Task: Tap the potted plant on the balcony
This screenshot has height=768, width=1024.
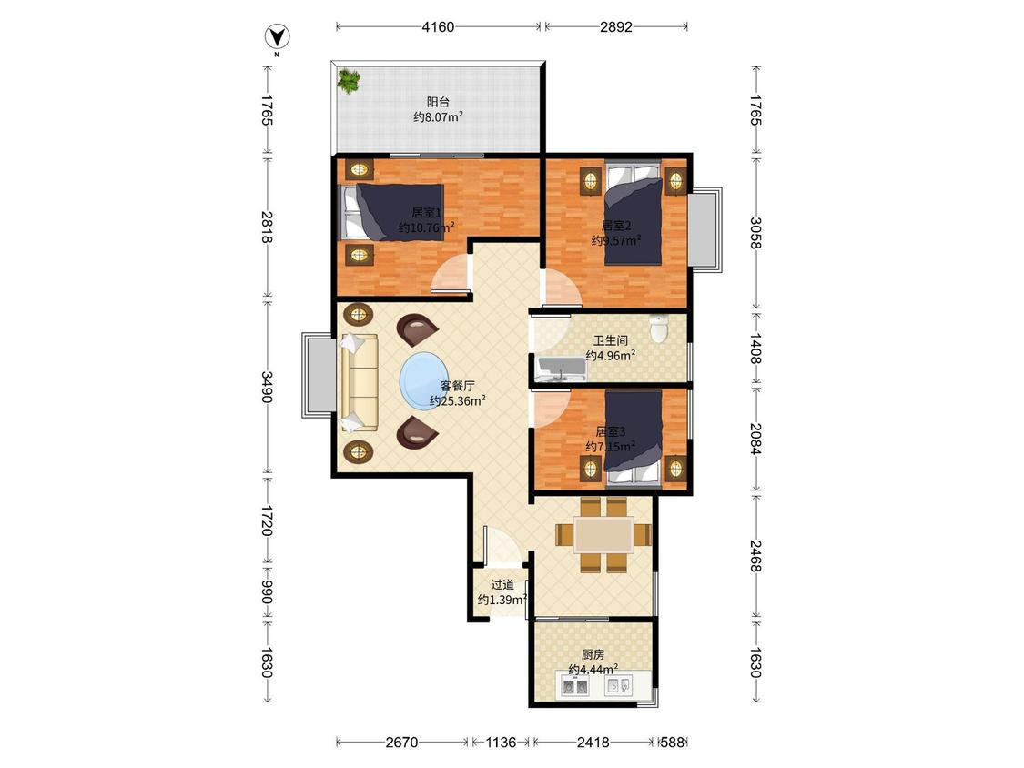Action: pyautogui.click(x=349, y=81)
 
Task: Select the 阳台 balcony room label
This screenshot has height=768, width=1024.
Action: pyautogui.click(x=438, y=102)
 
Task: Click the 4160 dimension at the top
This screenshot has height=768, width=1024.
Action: pyautogui.click(x=438, y=26)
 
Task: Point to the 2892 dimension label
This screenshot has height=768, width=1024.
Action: pyautogui.click(x=616, y=26)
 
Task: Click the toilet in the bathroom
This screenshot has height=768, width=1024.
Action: pyautogui.click(x=660, y=329)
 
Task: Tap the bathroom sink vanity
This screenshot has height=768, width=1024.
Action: pyautogui.click(x=561, y=369)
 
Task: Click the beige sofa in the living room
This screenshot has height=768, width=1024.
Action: pyautogui.click(x=359, y=383)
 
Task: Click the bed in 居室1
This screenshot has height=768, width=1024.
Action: pyautogui.click(x=391, y=213)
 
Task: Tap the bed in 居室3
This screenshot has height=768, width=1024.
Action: pyautogui.click(x=634, y=439)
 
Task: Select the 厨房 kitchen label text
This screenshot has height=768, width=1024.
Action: pyautogui.click(x=593, y=654)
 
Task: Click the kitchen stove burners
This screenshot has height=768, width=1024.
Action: pyautogui.click(x=575, y=686)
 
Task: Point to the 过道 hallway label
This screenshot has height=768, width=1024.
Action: pyautogui.click(x=502, y=585)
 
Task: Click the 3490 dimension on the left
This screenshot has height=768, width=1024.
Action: pyautogui.click(x=267, y=387)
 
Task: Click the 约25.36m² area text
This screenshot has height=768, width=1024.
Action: pyautogui.click(x=457, y=401)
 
